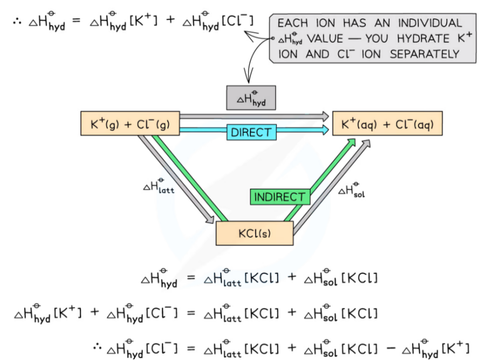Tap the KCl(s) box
tap(254, 233)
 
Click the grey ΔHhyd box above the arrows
tap(250, 98)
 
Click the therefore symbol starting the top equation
tap(17, 21)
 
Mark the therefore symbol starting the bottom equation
tap(97, 346)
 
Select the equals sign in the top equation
tap(77, 21)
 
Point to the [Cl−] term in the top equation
tap(238, 21)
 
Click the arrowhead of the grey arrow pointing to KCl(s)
tap(210, 219)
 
